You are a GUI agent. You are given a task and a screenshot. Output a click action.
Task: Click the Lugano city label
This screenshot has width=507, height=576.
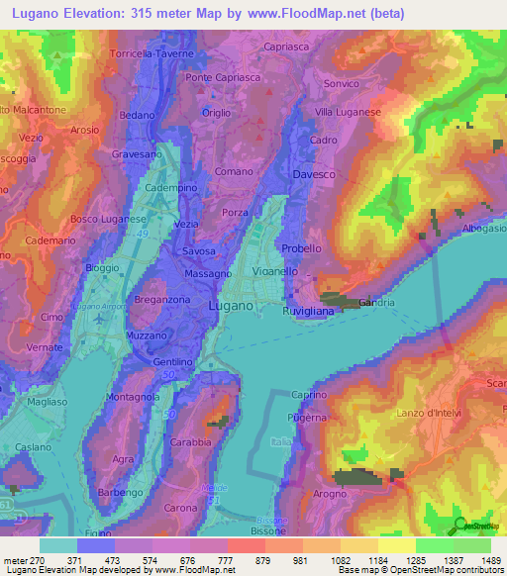[235, 307]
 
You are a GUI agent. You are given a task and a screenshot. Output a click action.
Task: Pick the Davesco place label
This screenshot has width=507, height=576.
[314, 175]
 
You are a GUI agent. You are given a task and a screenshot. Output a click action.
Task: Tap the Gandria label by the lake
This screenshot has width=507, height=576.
[377, 302]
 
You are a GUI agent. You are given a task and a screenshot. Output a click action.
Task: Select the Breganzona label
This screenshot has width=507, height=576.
[163, 300]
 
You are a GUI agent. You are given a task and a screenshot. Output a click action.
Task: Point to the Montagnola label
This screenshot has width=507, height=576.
[133, 397]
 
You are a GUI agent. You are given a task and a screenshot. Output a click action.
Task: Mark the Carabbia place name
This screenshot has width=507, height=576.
[190, 441]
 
